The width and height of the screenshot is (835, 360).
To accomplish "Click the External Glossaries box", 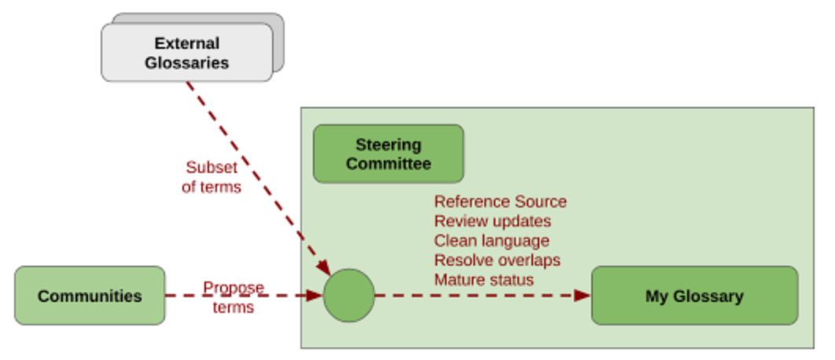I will pyautogui.click(x=186, y=52).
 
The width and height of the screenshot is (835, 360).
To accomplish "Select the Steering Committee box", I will pyautogui.click(x=388, y=154).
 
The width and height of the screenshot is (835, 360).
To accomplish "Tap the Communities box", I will pyautogui.click(x=90, y=296).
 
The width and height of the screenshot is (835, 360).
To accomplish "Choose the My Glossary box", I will pyautogui.click(x=694, y=296).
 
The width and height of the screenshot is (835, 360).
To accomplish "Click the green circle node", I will pyautogui.click(x=349, y=296).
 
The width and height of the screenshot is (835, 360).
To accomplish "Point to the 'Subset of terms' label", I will pyautogui.click(x=212, y=177).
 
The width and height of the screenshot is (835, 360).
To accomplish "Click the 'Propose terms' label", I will pyautogui.click(x=234, y=297).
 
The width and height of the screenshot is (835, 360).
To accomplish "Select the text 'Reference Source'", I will pyautogui.click(x=500, y=202).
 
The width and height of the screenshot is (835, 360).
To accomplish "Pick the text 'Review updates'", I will pyautogui.click(x=492, y=221).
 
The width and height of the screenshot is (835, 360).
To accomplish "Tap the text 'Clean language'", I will pyautogui.click(x=491, y=241).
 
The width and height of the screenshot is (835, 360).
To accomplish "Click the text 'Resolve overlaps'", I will pyautogui.click(x=497, y=260).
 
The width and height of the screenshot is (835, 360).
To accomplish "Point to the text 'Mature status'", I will pyautogui.click(x=484, y=279).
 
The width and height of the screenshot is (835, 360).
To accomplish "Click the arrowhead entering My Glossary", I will pyautogui.click(x=583, y=296).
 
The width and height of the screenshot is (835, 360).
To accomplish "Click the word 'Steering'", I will pyautogui.click(x=388, y=145).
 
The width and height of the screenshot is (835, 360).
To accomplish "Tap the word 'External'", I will pyautogui.click(x=186, y=43).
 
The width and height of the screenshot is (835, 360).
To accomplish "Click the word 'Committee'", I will pyautogui.click(x=388, y=163).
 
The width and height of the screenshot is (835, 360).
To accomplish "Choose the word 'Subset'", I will pyautogui.click(x=212, y=167).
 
